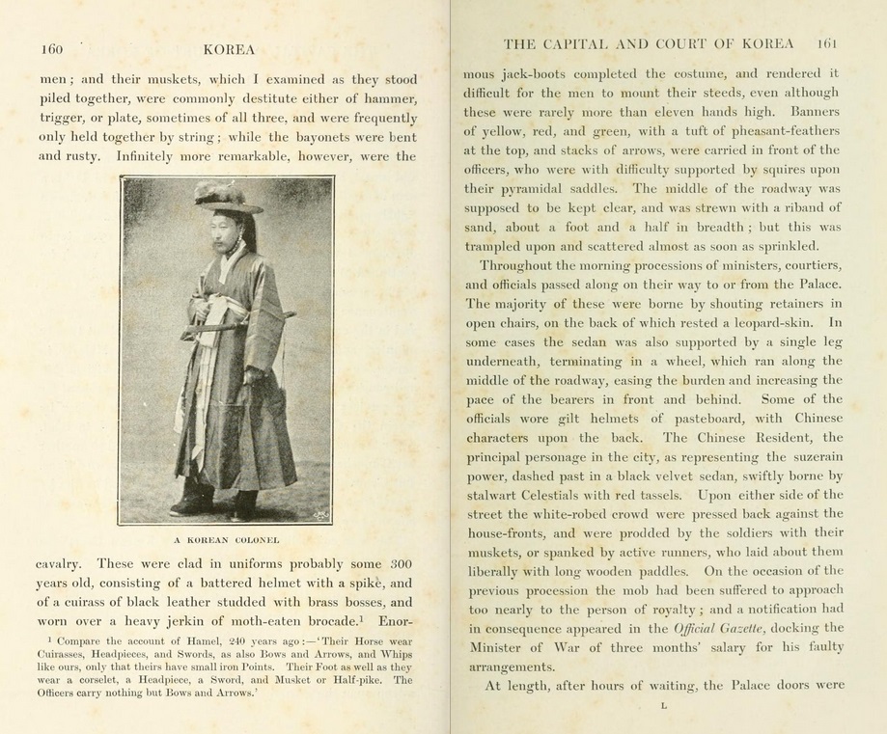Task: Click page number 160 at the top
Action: point(51,48)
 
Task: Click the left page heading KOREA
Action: point(230,47)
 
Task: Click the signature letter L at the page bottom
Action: point(664,706)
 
